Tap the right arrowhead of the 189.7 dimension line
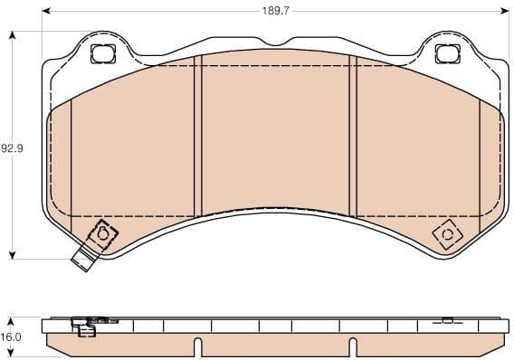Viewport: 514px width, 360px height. click(503, 10)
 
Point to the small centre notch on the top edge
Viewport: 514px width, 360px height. click(274, 41)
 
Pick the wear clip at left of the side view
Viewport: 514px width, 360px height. click(86, 327)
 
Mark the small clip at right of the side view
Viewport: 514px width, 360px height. click(447, 319)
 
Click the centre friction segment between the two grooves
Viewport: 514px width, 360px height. click(276, 136)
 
